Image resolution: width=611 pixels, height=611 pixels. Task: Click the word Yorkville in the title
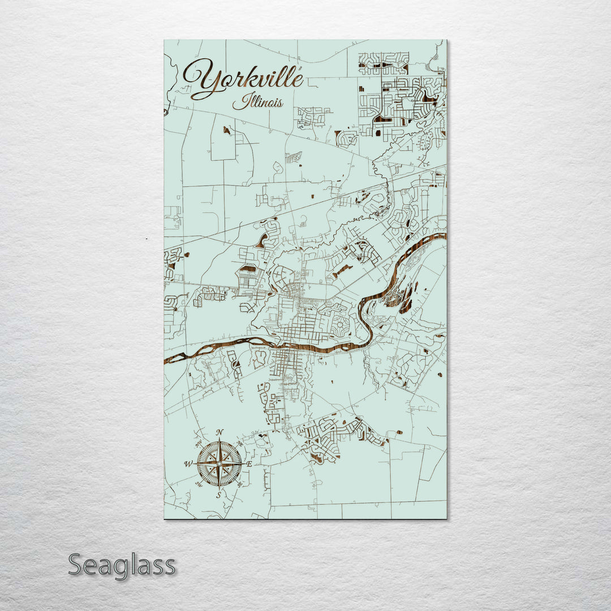pos(243,79)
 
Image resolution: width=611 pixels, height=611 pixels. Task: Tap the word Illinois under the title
pos(258,102)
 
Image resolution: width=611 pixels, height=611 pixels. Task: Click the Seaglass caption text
pos(122,565)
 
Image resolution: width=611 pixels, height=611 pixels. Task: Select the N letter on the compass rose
pos(220,433)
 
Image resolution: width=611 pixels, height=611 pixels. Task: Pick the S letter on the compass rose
pos(220,495)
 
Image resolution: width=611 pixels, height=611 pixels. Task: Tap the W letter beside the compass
pos(188,464)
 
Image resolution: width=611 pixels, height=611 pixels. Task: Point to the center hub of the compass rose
pos(220,463)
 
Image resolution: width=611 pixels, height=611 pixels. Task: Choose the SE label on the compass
pos(240,484)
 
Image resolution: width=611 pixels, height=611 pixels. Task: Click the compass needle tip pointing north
pos(220,439)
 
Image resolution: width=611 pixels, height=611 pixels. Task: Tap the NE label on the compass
pos(240,444)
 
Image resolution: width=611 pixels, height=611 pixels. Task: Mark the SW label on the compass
pos(199,484)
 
